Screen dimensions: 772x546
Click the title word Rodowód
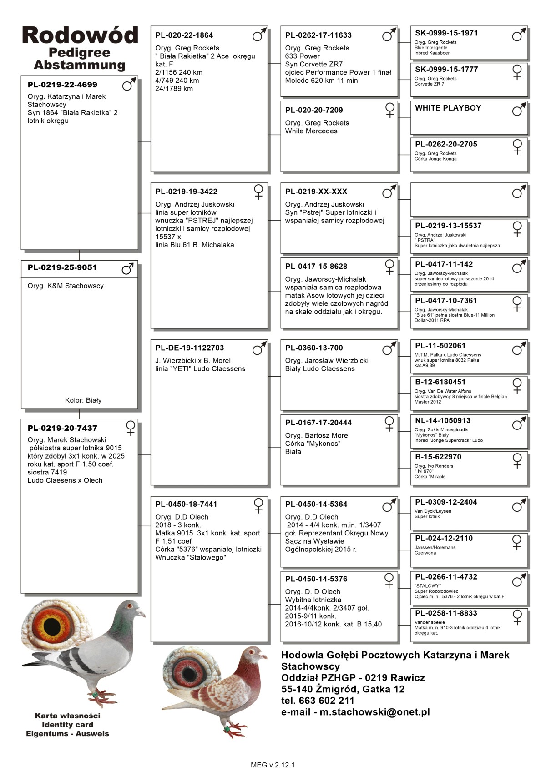80,35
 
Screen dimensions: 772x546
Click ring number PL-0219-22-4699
62,85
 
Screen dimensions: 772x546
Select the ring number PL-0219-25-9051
62,267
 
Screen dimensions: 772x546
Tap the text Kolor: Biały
83,400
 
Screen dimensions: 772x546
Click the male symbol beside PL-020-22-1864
259,35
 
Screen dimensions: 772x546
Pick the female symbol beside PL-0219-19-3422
258,192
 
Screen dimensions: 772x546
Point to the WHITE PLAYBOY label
448,108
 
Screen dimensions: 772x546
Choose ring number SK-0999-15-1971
446,33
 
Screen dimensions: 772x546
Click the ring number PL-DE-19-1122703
190,348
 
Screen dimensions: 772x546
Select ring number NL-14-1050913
443,420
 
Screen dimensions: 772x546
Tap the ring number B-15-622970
438,457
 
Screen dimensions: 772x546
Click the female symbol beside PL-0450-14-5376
389,580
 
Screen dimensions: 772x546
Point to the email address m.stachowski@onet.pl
374,712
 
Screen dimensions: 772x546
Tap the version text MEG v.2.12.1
273,765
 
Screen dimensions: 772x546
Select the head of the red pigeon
255,654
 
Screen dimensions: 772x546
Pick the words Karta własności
68,716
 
